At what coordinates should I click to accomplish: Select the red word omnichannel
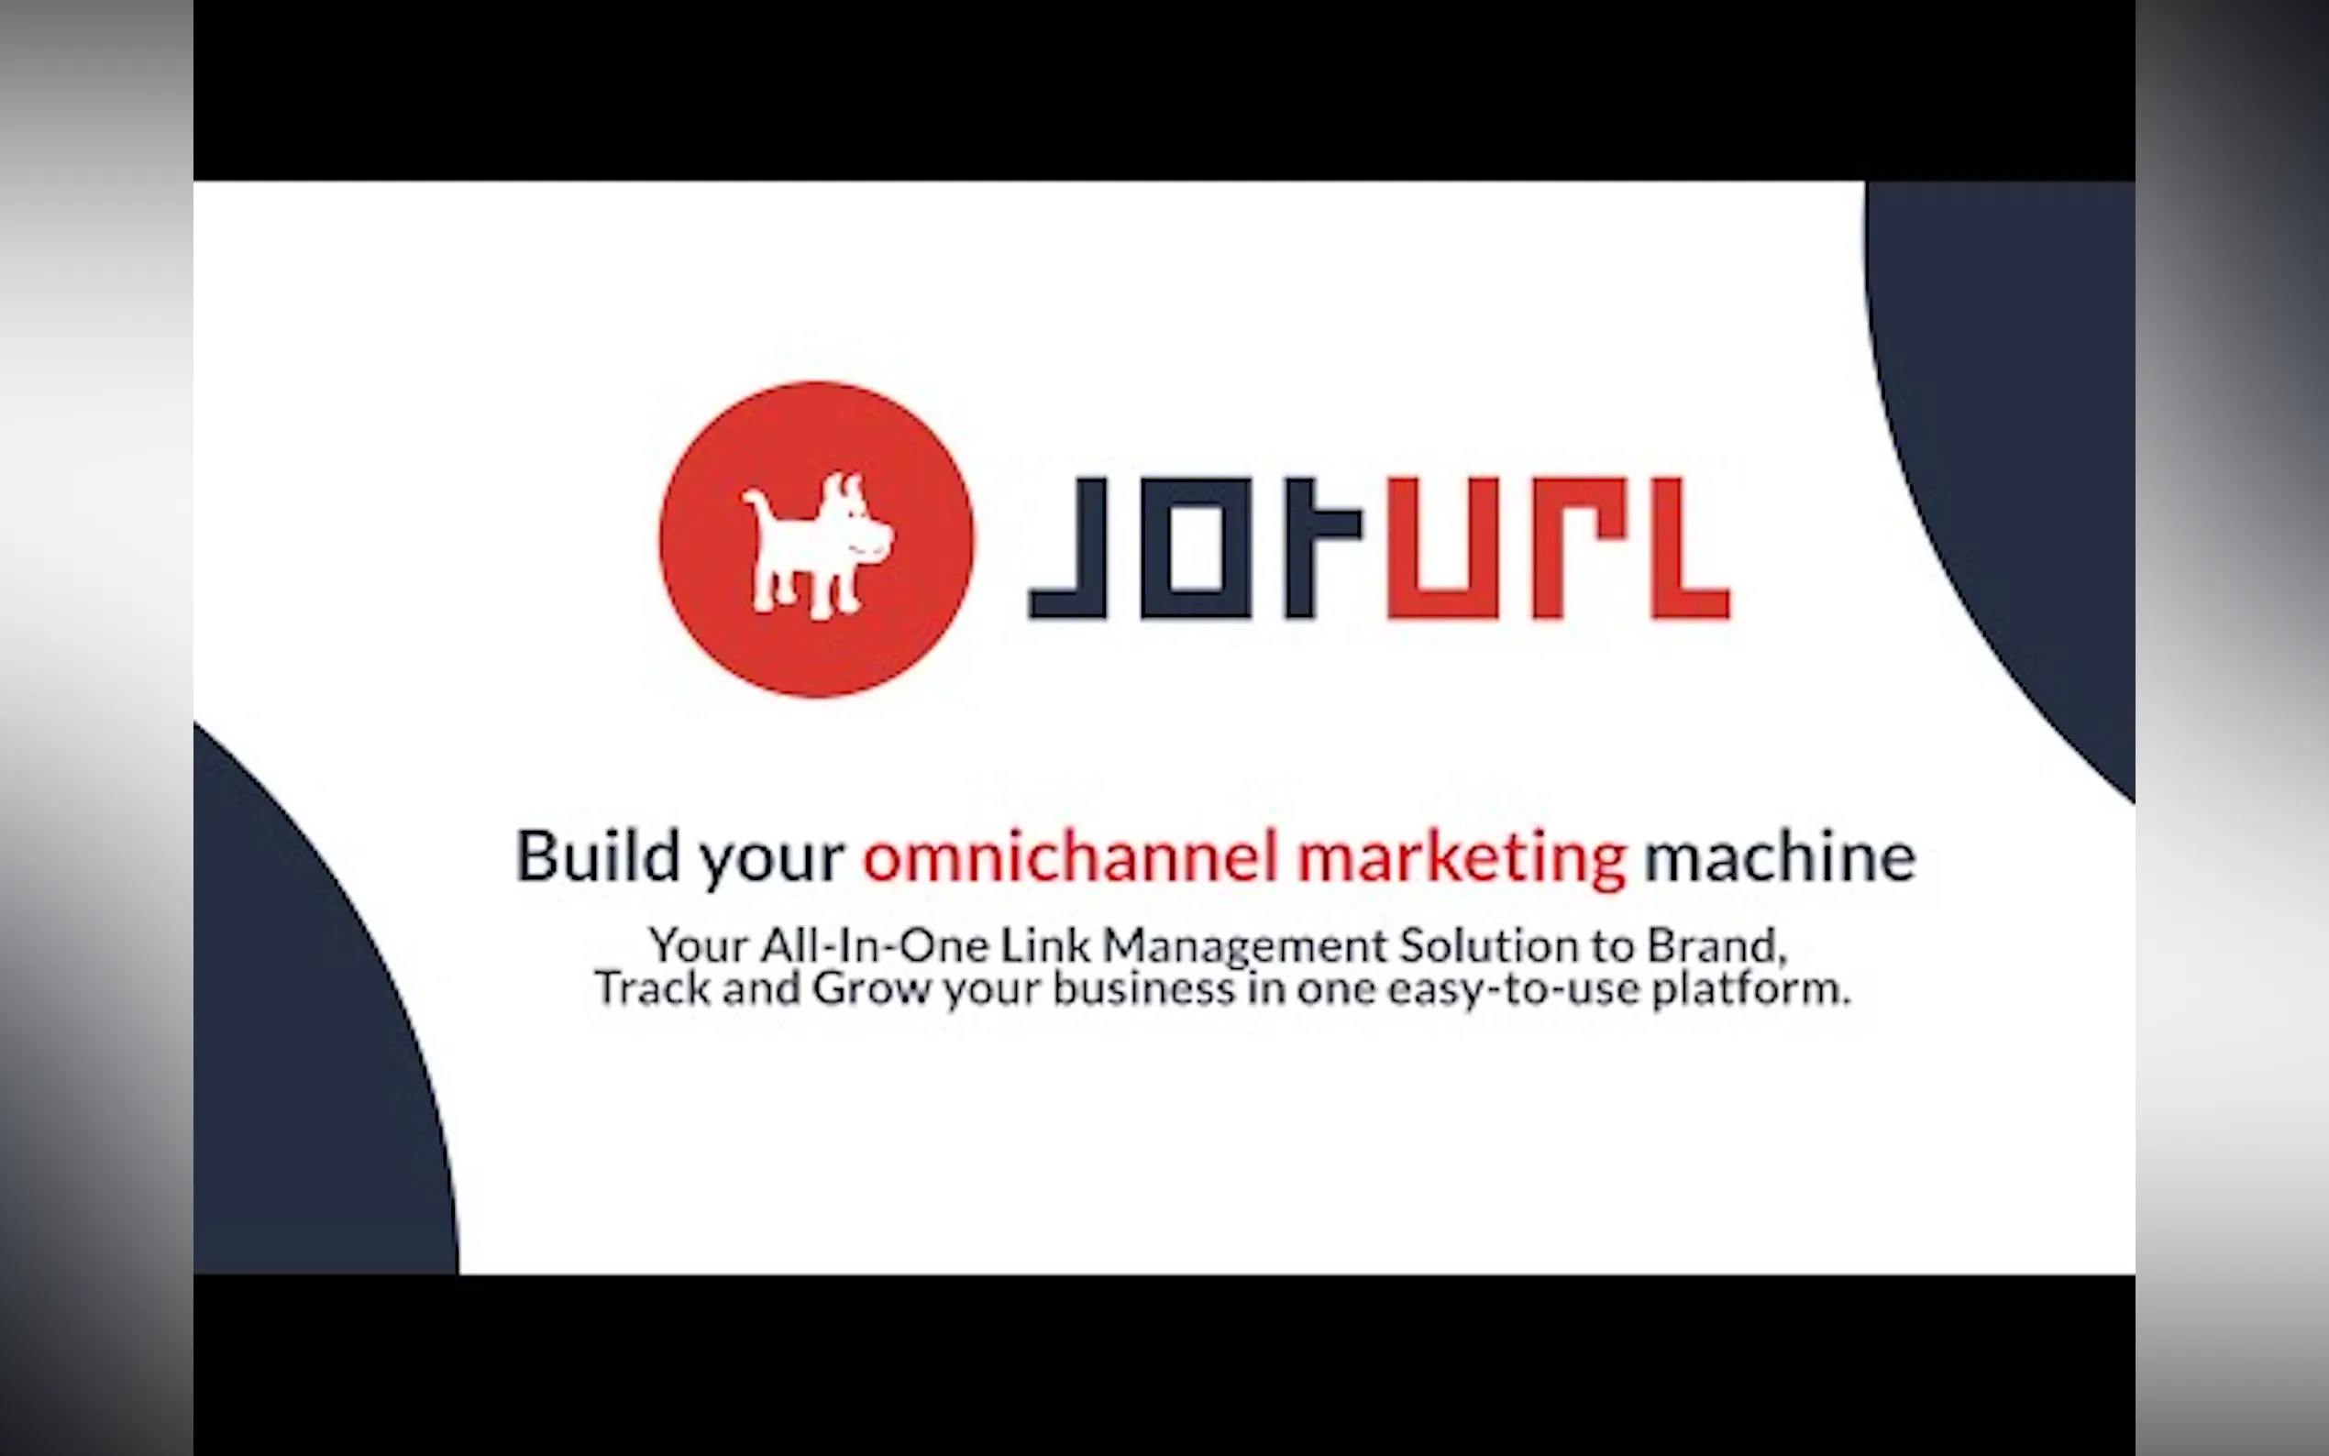[1070, 855]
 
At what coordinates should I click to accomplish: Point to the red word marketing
[1463, 859]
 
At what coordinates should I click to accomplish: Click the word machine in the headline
[1780, 855]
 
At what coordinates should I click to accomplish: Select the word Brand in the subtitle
[1711, 944]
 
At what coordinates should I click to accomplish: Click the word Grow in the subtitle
[871, 987]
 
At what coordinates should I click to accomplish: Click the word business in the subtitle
[1143, 987]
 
